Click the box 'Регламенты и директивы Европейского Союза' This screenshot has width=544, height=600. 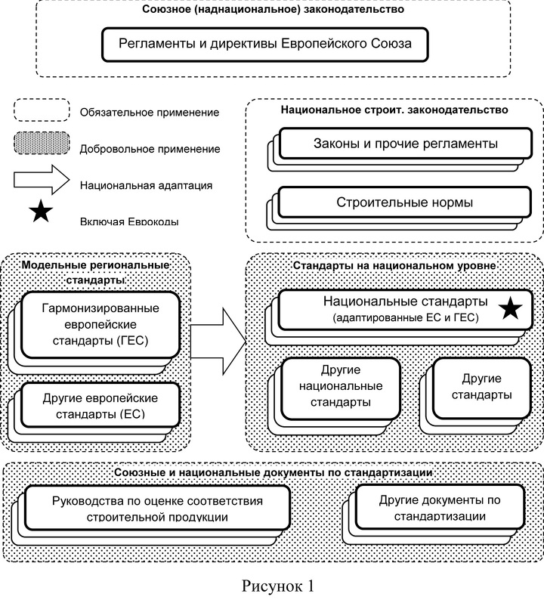click(264, 44)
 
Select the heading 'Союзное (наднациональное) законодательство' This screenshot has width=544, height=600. click(273, 9)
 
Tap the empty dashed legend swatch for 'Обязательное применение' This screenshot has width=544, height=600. click(42, 110)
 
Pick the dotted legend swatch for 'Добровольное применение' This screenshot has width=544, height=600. click(42, 144)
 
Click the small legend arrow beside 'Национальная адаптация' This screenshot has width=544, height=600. click(42, 179)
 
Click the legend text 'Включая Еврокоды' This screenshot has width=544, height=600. click(129, 221)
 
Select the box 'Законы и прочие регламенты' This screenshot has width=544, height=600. click(406, 144)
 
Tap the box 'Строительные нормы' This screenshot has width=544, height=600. click(405, 202)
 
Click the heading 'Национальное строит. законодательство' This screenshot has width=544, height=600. click(394, 110)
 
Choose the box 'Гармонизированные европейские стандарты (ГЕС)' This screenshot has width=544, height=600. click(100, 324)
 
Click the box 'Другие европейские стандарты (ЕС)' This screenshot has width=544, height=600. click(100, 405)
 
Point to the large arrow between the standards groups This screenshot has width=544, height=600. click(218, 342)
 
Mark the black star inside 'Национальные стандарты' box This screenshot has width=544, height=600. click(510, 309)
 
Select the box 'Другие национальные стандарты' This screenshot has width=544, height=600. click(341, 388)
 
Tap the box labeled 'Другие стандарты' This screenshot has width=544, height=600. click(481, 388)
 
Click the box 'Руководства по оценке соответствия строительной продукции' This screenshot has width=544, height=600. click(157, 507)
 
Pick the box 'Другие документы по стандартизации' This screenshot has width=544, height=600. click(440, 506)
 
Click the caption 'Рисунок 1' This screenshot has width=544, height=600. click(278, 586)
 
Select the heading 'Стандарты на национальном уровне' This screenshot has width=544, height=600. click(394, 265)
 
